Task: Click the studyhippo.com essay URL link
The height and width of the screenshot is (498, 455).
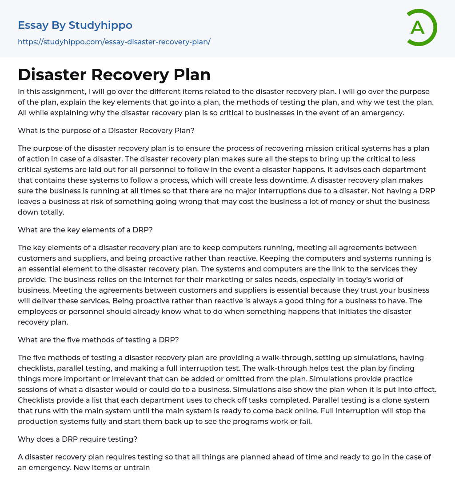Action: tap(114, 42)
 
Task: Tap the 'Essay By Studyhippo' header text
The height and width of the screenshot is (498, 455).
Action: tap(75, 25)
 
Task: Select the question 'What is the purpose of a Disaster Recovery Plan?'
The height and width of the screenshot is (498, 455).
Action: tap(106, 130)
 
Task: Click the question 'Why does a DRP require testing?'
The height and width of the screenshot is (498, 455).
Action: tap(78, 439)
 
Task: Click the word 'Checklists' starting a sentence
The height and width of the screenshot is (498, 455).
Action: tap(37, 400)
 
